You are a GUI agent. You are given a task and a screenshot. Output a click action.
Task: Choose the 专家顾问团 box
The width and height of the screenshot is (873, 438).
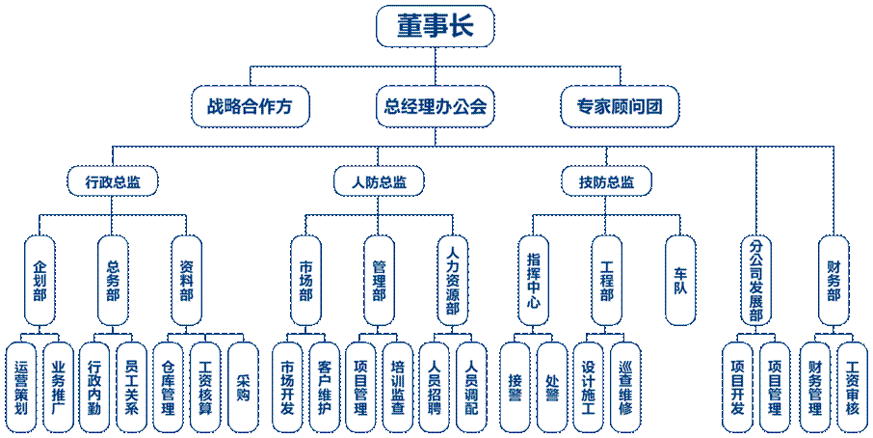click(x=621, y=104)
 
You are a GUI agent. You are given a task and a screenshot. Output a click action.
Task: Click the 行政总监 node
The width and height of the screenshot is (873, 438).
click(x=113, y=180)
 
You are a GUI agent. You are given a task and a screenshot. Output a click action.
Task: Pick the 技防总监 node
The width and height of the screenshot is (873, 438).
click(x=607, y=180)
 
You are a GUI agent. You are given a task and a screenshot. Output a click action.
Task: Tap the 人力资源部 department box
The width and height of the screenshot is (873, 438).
click(x=453, y=280)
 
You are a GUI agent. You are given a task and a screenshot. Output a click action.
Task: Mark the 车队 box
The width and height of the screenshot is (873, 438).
click(x=680, y=280)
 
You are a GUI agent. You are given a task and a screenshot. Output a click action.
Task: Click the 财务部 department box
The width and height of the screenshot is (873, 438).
click(x=833, y=280)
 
